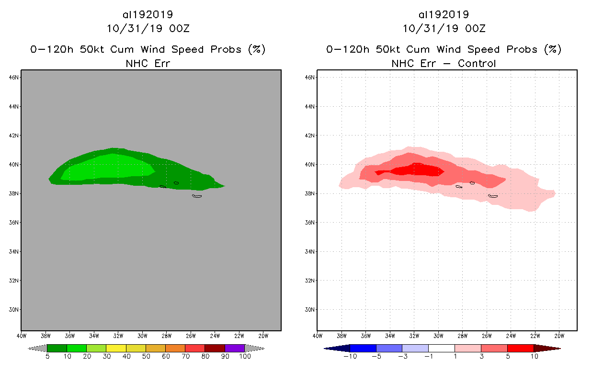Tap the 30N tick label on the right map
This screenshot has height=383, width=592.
[311, 309]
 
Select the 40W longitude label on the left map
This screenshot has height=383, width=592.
[22, 335]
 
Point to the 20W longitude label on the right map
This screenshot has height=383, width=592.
[559, 335]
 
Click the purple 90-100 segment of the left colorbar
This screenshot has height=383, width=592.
[235, 348]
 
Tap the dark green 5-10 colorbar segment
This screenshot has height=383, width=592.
[57, 348]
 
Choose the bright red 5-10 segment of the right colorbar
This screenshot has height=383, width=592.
[520, 348]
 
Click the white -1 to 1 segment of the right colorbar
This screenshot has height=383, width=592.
[442, 348]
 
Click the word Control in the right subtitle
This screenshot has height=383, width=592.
[477, 63]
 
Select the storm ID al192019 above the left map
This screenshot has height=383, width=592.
[148, 14]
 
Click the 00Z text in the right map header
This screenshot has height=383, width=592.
[475, 28]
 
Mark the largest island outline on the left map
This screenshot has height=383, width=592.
[197, 196]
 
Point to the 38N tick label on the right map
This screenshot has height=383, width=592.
[311, 193]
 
